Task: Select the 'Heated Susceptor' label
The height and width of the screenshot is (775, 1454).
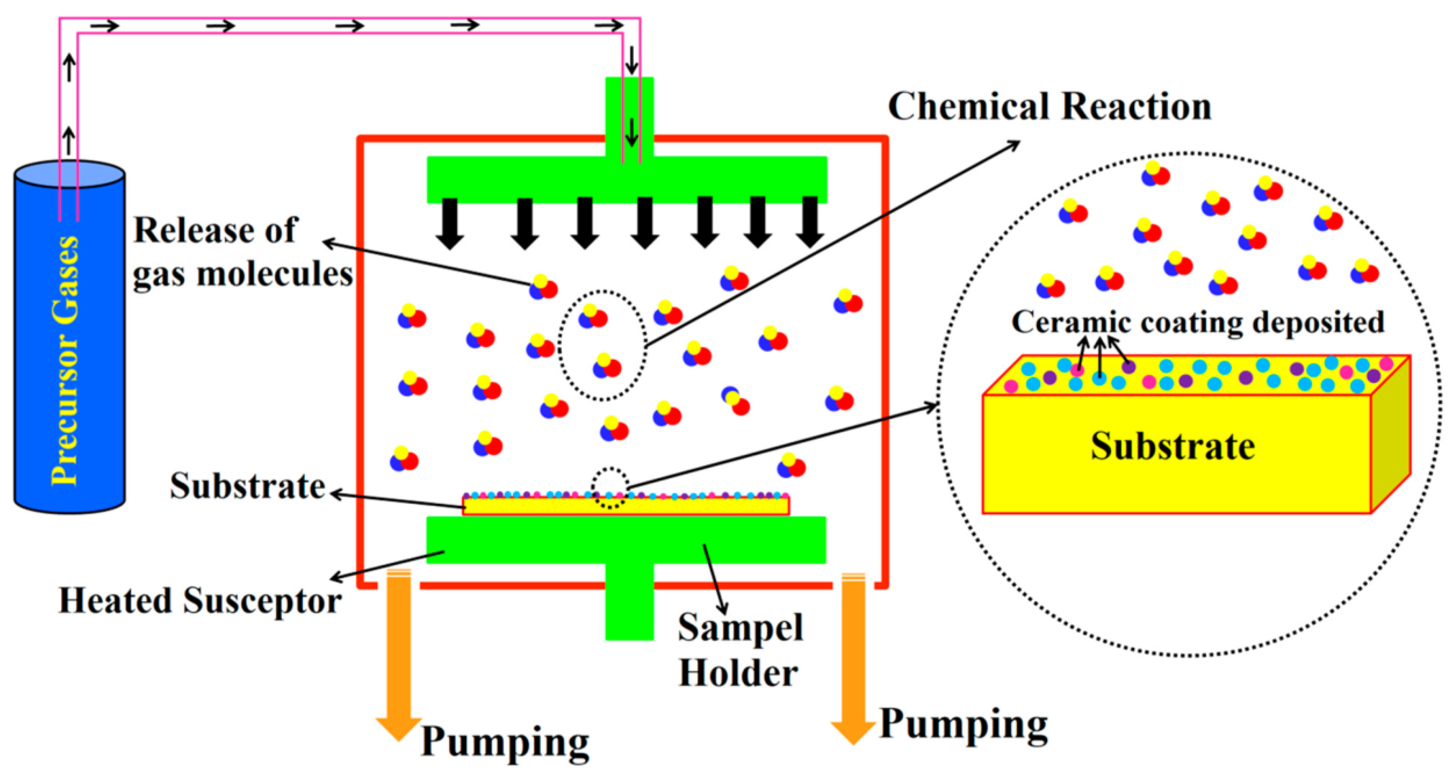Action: click(200, 601)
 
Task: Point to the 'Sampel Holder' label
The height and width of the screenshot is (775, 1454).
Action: click(740, 650)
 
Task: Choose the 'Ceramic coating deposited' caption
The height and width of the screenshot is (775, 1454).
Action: click(1197, 322)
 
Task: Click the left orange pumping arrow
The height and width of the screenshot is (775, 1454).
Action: click(398, 655)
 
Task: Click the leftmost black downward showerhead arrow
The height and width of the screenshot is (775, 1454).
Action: click(450, 223)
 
